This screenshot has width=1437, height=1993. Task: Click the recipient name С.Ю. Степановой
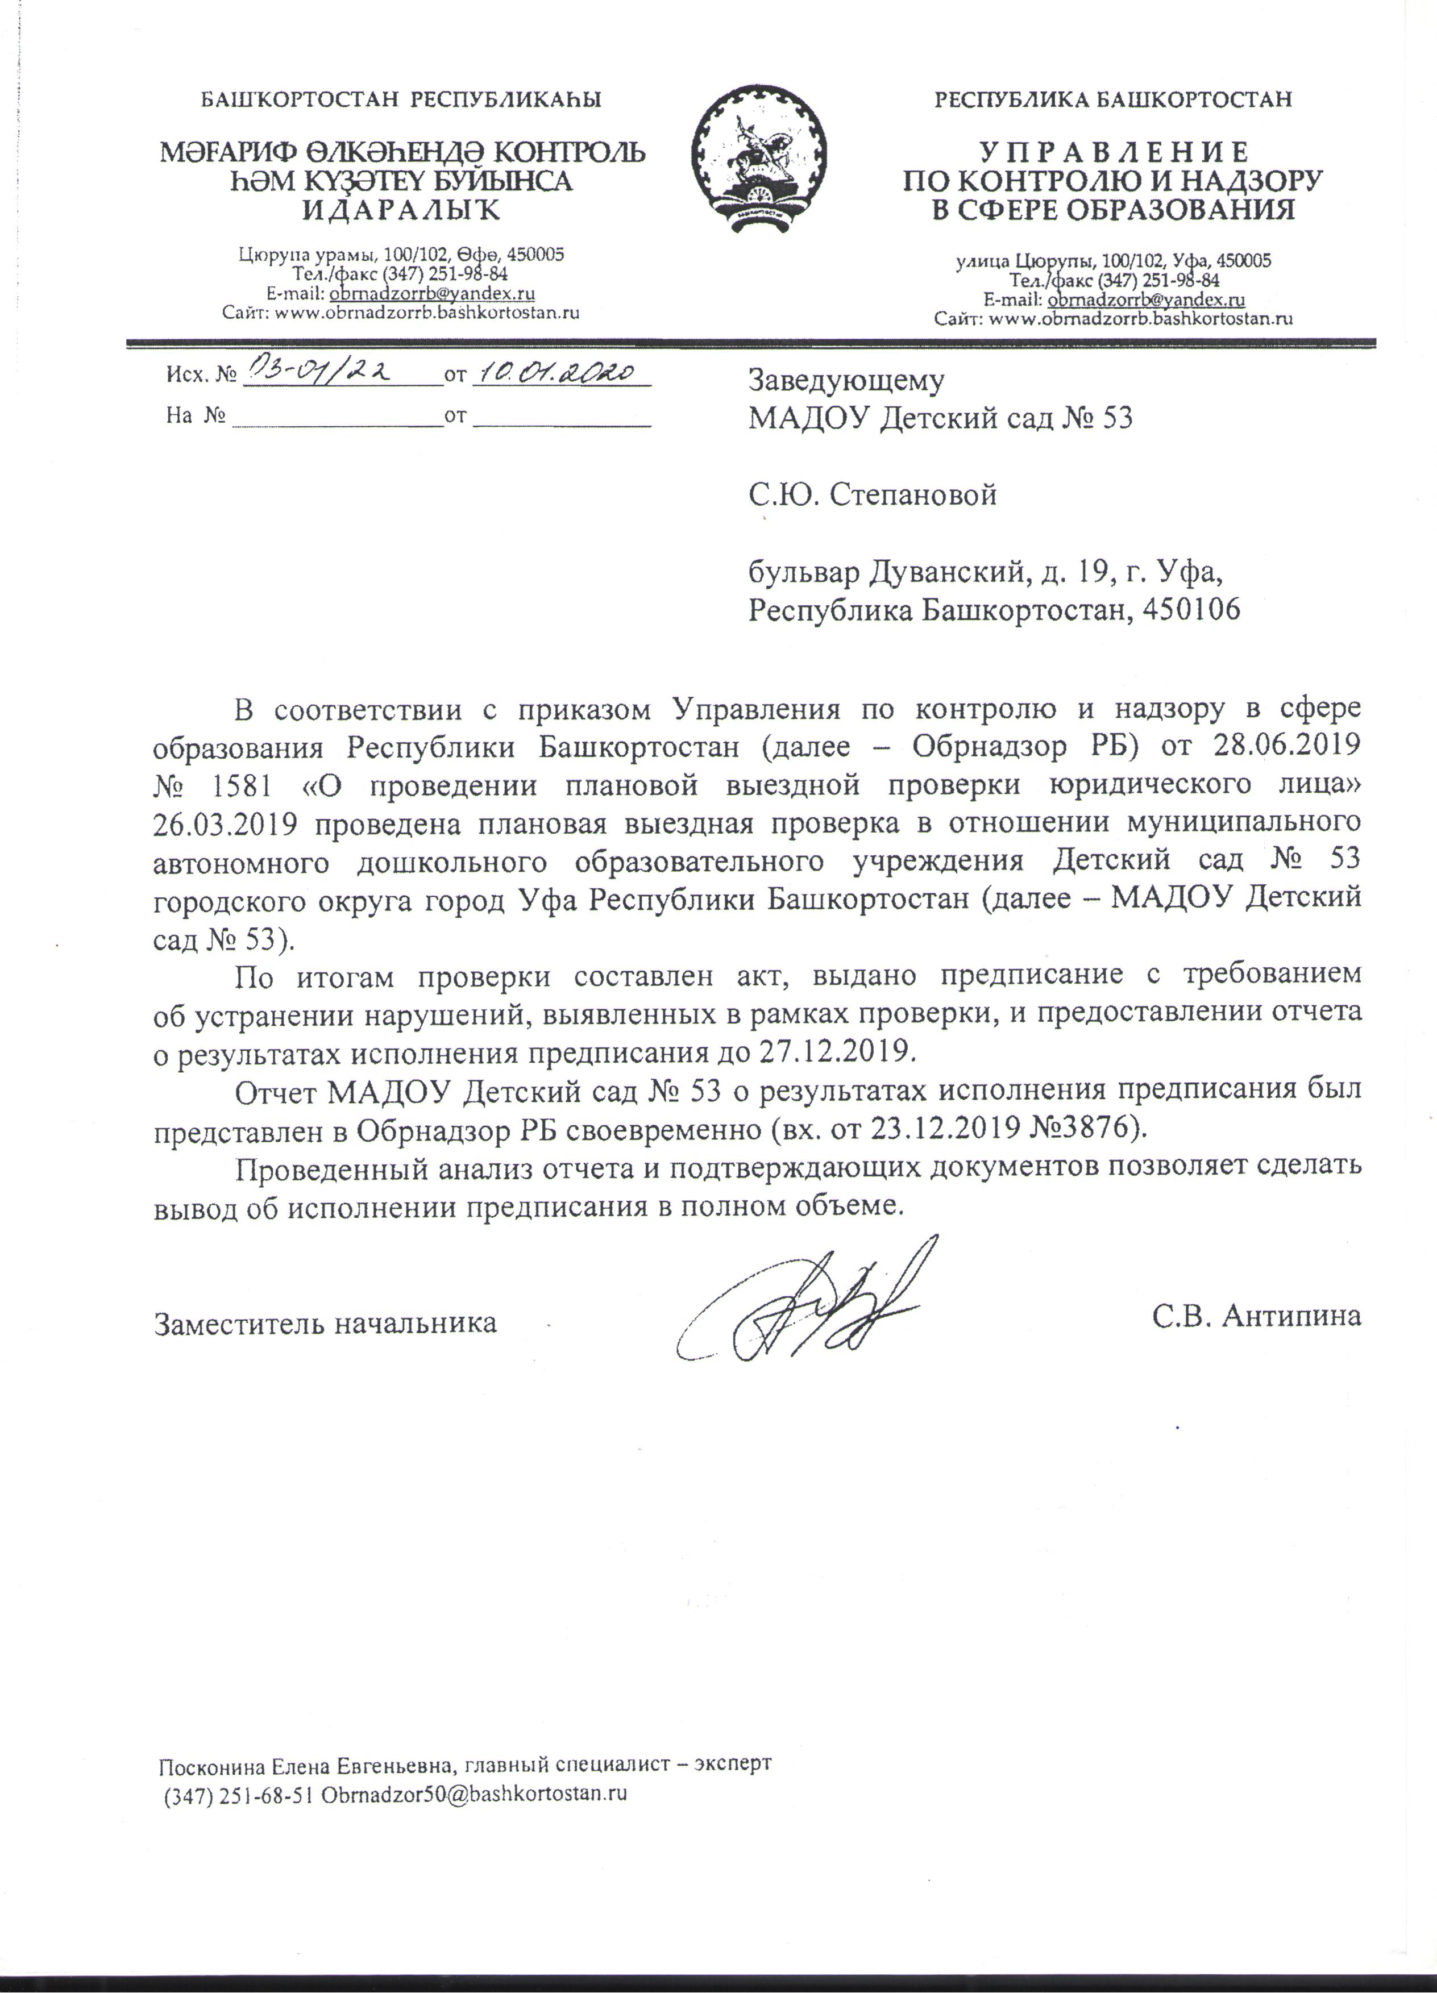pos(872,495)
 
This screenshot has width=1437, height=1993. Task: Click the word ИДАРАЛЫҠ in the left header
pos(402,210)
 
